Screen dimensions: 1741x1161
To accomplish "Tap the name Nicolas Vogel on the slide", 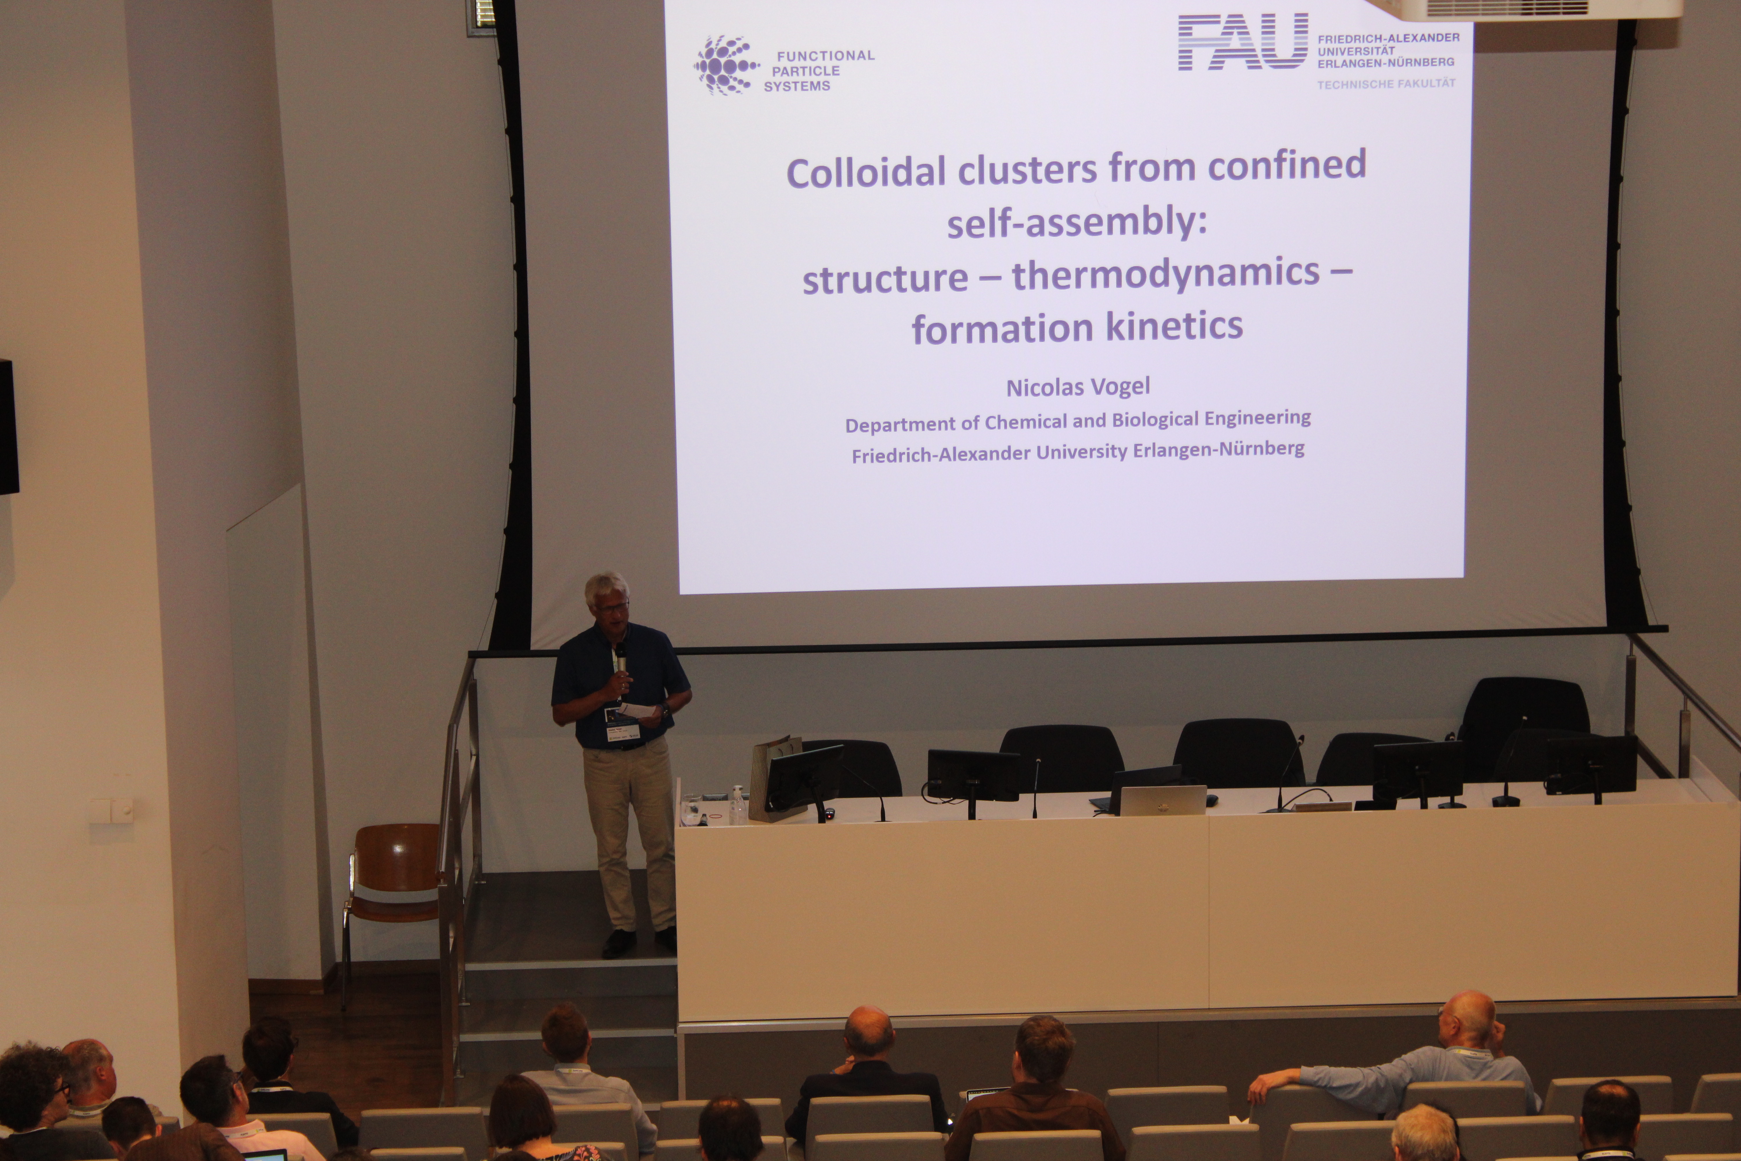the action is (x=1078, y=387).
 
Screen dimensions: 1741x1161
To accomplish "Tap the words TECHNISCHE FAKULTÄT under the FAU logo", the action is (x=1386, y=84).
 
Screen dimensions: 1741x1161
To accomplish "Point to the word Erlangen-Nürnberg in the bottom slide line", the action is (x=1218, y=449).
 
